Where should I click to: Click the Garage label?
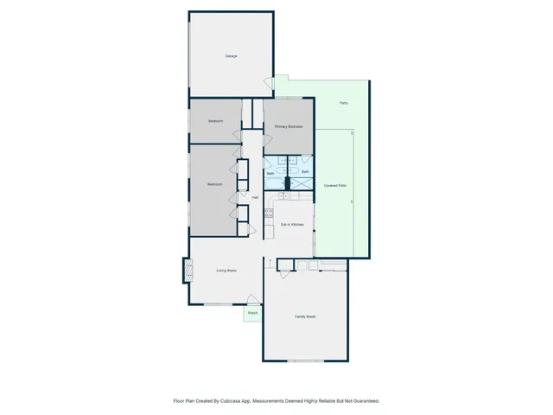[x=232, y=56]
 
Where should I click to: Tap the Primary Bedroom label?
[x=289, y=127]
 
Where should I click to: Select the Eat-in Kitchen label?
[x=293, y=225]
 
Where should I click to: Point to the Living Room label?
[x=226, y=271]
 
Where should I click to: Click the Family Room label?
[x=305, y=317]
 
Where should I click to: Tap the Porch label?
[x=252, y=313]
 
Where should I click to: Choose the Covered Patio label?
[x=335, y=186]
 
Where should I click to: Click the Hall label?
[x=255, y=197]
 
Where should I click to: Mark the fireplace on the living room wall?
[x=184, y=271]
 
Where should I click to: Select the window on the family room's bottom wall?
[x=305, y=360]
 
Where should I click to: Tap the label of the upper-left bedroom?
[x=215, y=121]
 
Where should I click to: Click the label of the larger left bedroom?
[x=215, y=185]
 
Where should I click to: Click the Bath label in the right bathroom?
[x=305, y=172]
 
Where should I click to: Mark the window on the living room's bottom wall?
[x=218, y=304]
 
